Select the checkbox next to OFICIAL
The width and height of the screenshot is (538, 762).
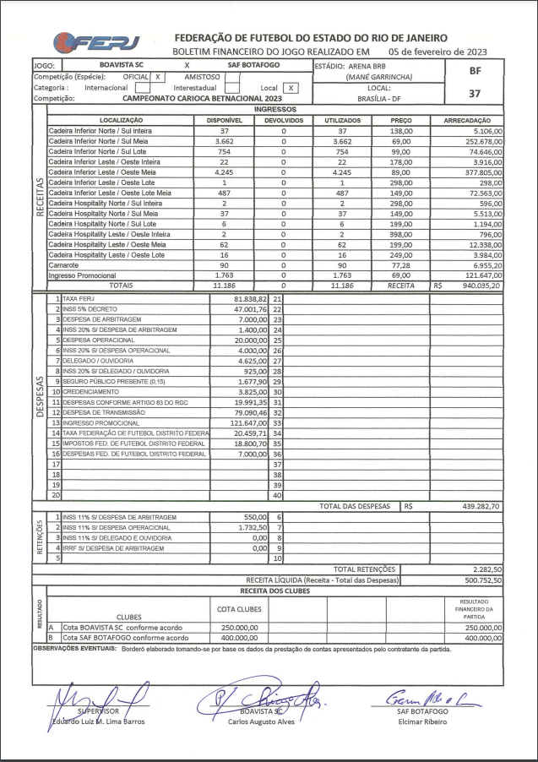point(157,76)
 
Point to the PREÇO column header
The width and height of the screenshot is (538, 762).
point(401,121)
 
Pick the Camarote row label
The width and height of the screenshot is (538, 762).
point(64,264)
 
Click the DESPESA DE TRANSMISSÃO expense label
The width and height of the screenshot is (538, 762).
point(102,411)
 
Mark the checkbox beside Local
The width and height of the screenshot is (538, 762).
point(291,87)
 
